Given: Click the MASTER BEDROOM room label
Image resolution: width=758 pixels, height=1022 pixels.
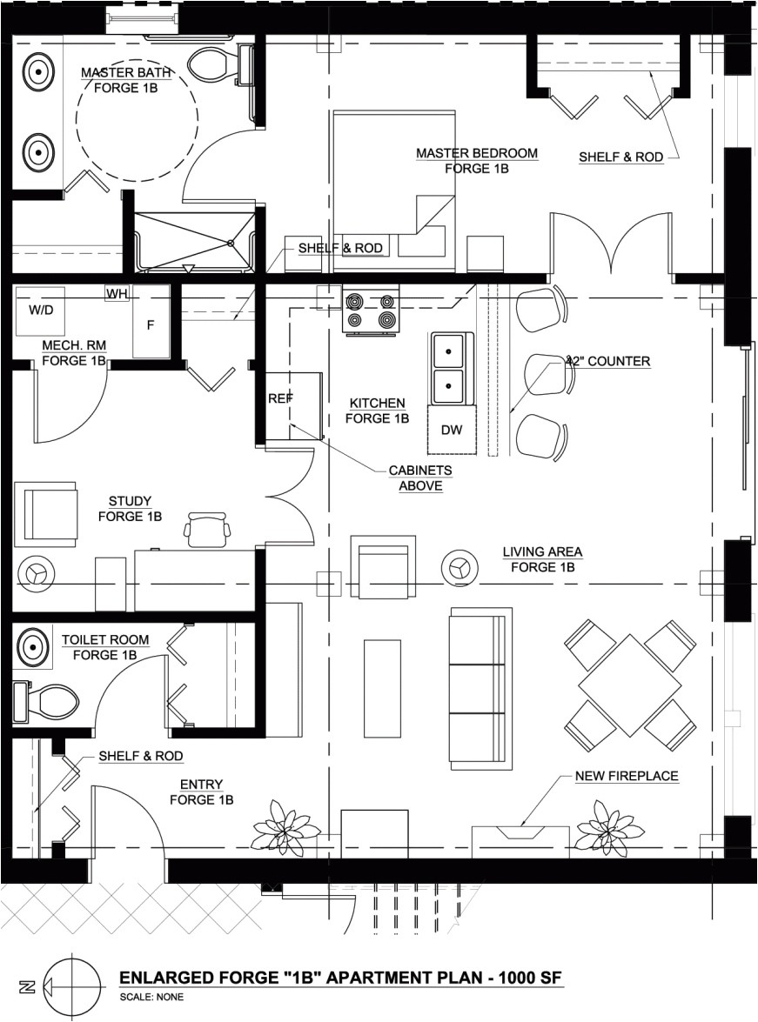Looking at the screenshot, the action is (x=477, y=161).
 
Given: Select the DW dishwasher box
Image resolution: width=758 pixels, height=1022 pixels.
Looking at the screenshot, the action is (x=452, y=430).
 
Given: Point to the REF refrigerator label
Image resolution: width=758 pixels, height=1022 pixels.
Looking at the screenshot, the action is (x=280, y=397).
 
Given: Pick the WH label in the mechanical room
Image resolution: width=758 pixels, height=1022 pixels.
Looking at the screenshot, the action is (x=117, y=295).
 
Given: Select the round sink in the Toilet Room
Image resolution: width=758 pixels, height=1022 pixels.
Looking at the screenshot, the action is (x=32, y=648).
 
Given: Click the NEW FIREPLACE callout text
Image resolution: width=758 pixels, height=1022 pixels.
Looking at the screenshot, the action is (x=627, y=776).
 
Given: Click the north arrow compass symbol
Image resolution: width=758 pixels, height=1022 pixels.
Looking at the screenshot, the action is (x=69, y=985).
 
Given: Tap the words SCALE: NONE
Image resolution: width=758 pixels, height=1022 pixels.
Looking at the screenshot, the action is (x=151, y=997).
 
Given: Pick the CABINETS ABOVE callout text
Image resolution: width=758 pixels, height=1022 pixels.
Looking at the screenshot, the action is (x=420, y=478).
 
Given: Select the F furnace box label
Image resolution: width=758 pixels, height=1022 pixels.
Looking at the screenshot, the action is (x=150, y=324).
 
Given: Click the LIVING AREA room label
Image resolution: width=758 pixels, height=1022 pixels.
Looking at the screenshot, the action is (x=542, y=559).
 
